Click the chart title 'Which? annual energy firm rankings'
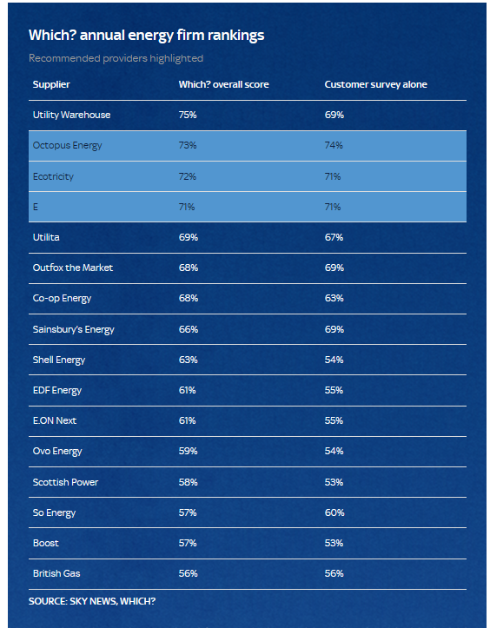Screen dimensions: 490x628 pos(146,36)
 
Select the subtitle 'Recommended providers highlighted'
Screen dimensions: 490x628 pos(116,58)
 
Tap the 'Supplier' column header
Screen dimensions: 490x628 pos(51,84)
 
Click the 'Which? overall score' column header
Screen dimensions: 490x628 pos(223,84)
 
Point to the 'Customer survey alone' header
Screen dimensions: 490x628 pos(376,84)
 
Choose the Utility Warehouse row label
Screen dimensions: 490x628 pos(72,115)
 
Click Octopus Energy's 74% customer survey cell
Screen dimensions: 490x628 pos(334,145)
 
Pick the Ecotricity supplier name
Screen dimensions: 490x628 pos(53,176)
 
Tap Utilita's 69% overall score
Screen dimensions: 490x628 pos(189,237)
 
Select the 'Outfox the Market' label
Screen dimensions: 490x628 pos(73,268)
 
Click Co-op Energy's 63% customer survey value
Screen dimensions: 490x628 pos(334,299)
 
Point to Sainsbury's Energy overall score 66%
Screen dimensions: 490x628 pos(189,329)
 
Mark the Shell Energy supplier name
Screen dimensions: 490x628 pos(59,360)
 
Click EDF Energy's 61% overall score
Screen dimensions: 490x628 pos(187,391)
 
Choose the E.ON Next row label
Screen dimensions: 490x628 pos(55,420)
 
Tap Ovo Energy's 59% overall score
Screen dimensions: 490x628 pos(188,452)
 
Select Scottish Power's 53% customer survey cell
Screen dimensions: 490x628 pos(334,482)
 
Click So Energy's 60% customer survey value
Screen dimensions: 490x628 pos(334,512)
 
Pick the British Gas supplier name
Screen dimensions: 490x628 pos(56,573)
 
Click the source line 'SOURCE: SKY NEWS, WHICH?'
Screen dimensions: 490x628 pos(92,602)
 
